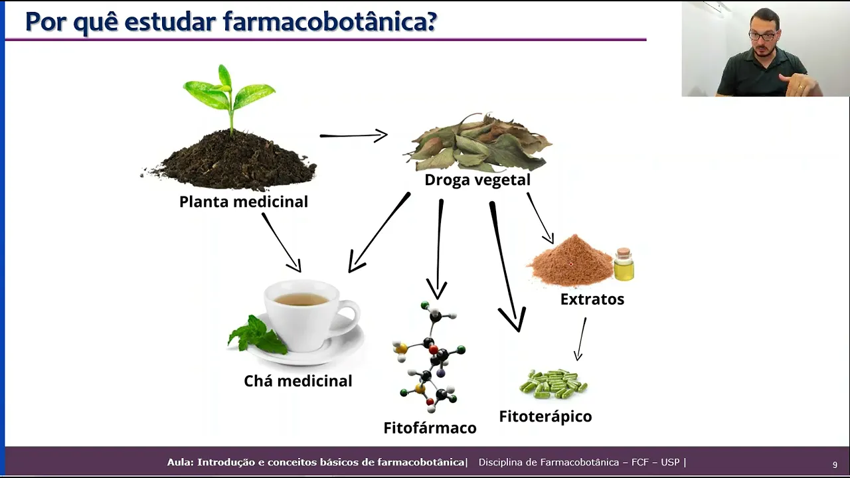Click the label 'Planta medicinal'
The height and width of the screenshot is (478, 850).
244,201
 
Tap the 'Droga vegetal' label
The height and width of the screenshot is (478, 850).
477,180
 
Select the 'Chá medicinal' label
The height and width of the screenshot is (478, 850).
297,381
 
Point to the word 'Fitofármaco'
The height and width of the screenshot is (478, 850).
430,428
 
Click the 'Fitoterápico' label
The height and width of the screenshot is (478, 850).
545,417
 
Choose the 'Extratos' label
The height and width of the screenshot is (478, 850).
592,299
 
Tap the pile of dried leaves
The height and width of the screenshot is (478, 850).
478,143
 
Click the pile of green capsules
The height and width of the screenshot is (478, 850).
553,384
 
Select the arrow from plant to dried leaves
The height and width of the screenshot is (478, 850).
353,135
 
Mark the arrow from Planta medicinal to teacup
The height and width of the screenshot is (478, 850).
282,242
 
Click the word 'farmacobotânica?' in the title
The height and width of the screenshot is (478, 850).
330,22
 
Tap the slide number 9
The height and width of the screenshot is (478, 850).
835,465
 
